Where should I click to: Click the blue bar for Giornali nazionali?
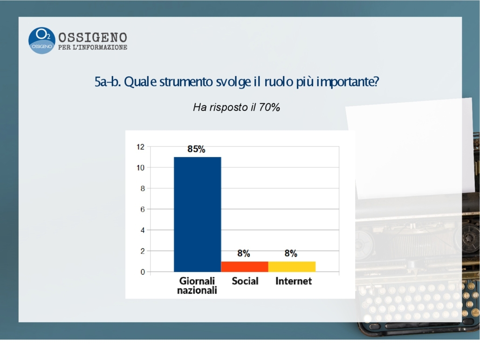[198, 215]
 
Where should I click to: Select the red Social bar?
[245, 267]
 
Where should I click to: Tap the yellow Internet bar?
[292, 267]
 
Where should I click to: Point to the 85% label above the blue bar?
[196, 149]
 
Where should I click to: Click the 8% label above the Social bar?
[244, 253]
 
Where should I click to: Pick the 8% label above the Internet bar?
[291, 253]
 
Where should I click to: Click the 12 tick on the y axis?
[141, 147]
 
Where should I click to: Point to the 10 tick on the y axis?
[141, 168]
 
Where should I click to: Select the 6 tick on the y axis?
[143, 209]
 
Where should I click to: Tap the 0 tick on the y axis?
[143, 272]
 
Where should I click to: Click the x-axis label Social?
[245, 281]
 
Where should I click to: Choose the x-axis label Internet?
[294, 281]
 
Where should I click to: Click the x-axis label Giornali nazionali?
[197, 285]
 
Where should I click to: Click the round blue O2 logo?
[41, 41]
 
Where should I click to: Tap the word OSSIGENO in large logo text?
[93, 38]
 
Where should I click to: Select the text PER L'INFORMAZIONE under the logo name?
[93, 48]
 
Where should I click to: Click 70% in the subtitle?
[269, 107]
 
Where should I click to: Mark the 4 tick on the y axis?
[143, 230]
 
